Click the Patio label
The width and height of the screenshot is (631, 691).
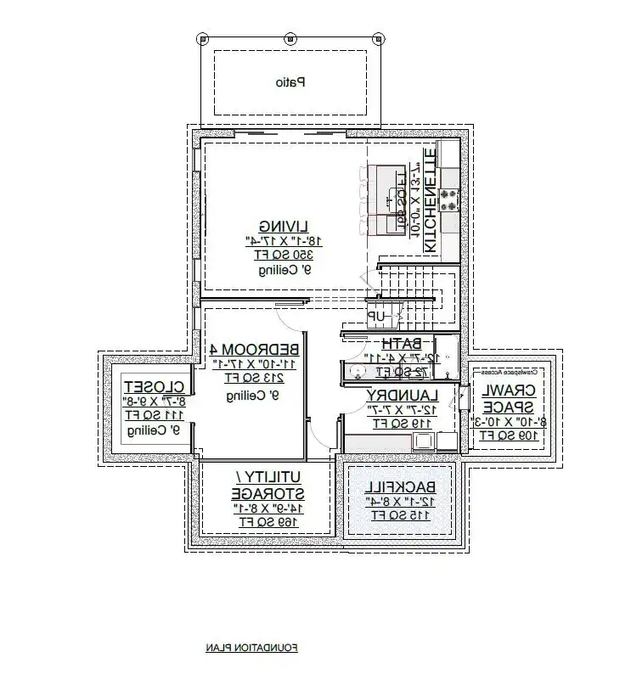coord(290,83)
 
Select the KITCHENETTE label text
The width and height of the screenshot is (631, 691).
coord(430,200)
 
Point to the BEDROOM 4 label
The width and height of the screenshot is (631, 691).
coord(253,350)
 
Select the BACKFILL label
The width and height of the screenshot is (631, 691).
coord(400,487)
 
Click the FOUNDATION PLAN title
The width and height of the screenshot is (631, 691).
coord(251,649)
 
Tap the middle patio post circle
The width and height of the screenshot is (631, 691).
coord(290,38)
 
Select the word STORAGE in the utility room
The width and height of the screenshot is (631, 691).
coord(258,494)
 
